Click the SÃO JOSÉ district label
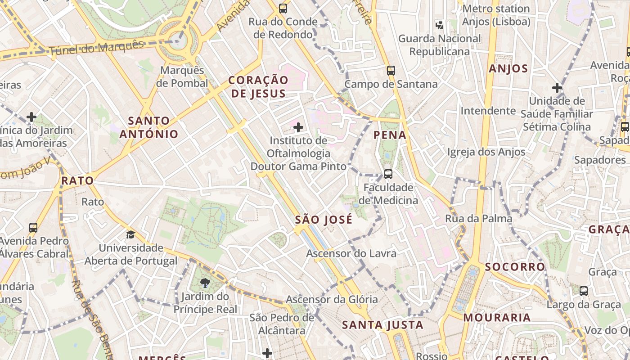(324, 220)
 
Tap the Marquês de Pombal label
(182, 77)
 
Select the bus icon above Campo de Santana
(391, 71)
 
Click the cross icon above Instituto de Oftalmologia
(298, 127)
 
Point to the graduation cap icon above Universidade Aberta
(130, 234)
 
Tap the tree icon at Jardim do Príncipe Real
(205, 283)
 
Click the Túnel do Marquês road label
(96, 47)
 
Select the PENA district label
(390, 135)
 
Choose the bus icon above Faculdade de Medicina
(388, 174)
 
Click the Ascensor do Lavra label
(351, 253)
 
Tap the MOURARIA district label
(497, 318)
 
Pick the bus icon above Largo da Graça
(583, 291)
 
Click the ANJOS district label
(508, 69)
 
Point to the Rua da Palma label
(478, 219)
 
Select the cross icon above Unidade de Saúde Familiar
(557, 88)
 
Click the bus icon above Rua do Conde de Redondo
(283, 8)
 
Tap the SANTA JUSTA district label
(382, 325)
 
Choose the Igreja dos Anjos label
(486, 152)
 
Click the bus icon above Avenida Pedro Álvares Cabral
(33, 228)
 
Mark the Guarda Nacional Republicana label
(440, 45)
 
